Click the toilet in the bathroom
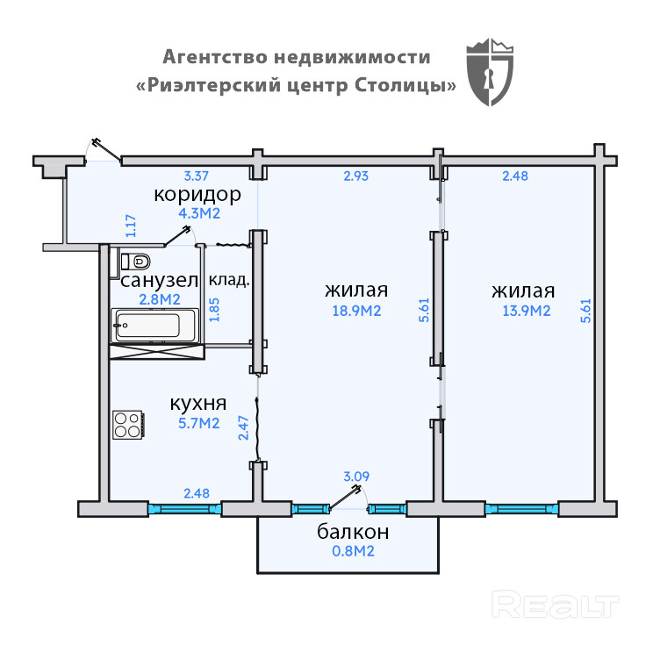pyautogui.click(x=135, y=261)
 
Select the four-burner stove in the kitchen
pyautogui.click(x=128, y=425)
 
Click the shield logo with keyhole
pyautogui.click(x=491, y=72)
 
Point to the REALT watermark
pyautogui.click(x=555, y=606)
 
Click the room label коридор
pyautogui.click(x=197, y=194)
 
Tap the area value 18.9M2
pyautogui.click(x=355, y=312)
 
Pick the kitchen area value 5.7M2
pyautogui.click(x=197, y=424)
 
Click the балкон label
pyautogui.click(x=353, y=532)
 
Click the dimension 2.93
pyautogui.click(x=355, y=176)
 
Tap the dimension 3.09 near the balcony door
pyautogui.click(x=355, y=477)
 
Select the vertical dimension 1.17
pyautogui.click(x=131, y=226)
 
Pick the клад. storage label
pyautogui.click(x=228, y=282)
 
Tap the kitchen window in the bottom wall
pyautogui.click(x=184, y=508)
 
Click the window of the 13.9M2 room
pyautogui.click(x=521, y=508)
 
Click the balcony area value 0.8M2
pyautogui.click(x=353, y=552)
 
